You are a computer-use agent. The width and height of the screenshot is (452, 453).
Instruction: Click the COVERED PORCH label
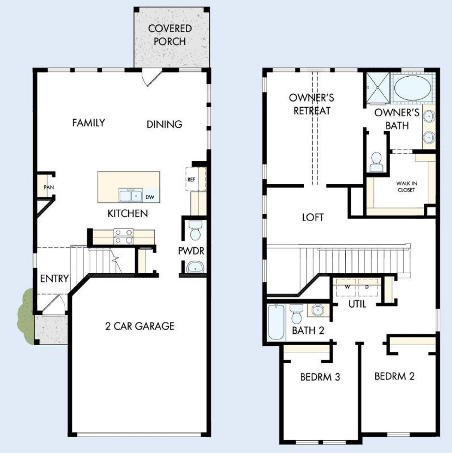170,35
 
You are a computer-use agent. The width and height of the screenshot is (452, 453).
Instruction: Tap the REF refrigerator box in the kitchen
191,179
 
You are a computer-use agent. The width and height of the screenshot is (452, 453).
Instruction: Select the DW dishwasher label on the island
150,197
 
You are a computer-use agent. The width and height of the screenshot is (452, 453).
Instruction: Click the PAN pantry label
49,187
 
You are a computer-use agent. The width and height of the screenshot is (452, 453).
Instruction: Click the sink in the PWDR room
195,267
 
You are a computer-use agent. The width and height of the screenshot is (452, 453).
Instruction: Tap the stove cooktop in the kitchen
124,237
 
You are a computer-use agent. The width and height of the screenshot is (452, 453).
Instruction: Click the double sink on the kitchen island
131,195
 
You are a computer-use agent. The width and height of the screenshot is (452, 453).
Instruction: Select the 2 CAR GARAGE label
140,326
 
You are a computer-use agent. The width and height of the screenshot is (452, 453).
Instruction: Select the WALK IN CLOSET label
406,186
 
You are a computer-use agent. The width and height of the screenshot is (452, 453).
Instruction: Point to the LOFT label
313,217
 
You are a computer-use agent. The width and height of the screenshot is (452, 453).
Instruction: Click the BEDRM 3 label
320,377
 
